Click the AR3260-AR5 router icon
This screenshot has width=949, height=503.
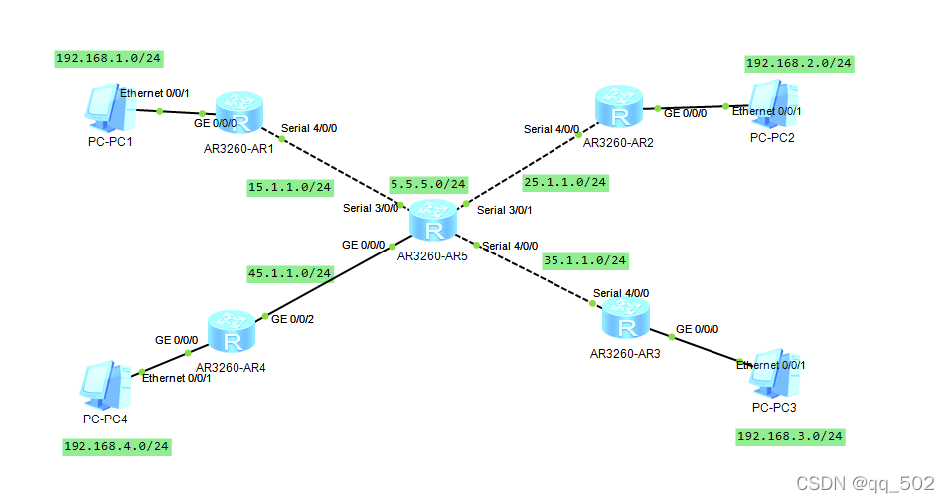tap(432, 220)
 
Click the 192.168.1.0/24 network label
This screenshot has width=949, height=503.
tap(107, 58)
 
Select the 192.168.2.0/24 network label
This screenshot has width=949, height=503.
tap(799, 63)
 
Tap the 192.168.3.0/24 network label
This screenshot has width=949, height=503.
tap(790, 436)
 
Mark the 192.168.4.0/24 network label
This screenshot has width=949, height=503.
tap(116, 446)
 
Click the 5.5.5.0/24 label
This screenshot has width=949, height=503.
tap(428, 184)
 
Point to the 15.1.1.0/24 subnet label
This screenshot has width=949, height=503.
tap(290, 186)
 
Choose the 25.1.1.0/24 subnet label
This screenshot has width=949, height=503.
tap(564, 182)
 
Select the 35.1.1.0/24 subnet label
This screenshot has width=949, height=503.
tap(585, 260)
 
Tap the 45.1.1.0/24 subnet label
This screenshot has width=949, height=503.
tap(290, 272)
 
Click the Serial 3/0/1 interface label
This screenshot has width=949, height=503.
tap(505, 210)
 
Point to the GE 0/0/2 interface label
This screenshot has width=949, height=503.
tap(292, 318)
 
